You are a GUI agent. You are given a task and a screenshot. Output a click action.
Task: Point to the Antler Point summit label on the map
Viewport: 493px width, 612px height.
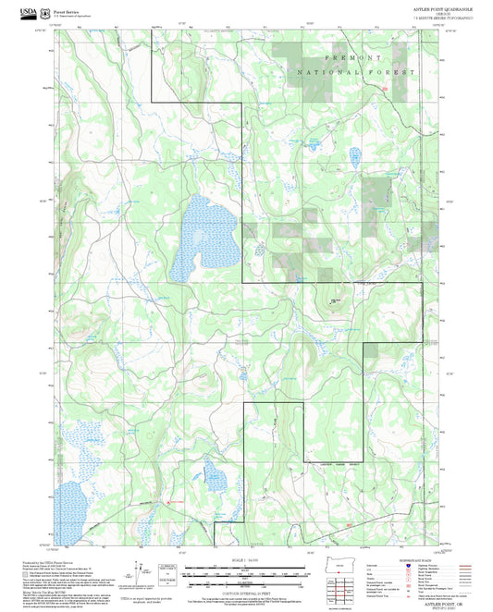(334, 300)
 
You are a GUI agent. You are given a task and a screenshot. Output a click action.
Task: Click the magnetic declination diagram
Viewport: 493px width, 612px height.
(139, 570)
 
